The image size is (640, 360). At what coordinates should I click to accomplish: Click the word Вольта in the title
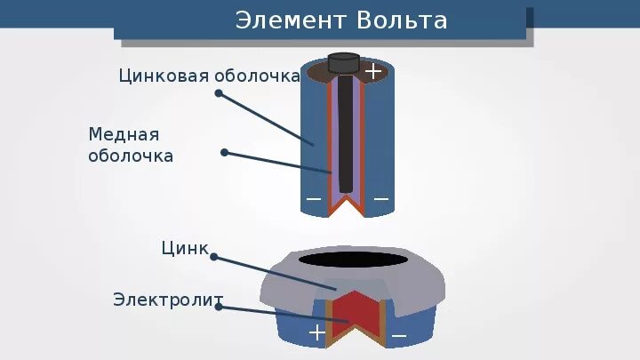[x=401, y=20]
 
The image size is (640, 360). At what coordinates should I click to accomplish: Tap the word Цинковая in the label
[x=164, y=76]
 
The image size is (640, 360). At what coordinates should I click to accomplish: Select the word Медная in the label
[x=124, y=134]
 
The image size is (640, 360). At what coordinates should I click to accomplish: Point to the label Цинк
[x=185, y=248]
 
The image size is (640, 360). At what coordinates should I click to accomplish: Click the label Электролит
[x=168, y=299]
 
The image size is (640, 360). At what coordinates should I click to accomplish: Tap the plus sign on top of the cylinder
[x=373, y=70]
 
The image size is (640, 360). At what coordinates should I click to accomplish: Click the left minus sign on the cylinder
[x=314, y=199]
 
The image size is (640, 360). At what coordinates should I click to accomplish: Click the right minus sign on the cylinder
[x=381, y=199]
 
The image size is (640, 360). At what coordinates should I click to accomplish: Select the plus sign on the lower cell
[x=316, y=332]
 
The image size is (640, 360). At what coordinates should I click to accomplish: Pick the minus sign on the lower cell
[x=399, y=335]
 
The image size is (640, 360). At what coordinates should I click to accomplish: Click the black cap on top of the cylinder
[x=343, y=62]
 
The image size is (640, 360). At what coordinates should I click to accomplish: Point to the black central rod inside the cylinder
[x=345, y=133]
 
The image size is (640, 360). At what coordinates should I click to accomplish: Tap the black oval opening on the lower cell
[x=353, y=260]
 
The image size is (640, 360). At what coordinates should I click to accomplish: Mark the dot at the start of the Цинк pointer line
[x=213, y=258]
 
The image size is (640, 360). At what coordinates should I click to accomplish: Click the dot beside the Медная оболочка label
[x=224, y=153]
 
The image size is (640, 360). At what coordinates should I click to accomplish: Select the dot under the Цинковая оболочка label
[x=219, y=92]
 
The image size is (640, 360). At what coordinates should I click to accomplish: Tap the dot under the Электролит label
[x=219, y=308]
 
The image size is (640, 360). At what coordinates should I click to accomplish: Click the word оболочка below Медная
[x=131, y=156]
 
